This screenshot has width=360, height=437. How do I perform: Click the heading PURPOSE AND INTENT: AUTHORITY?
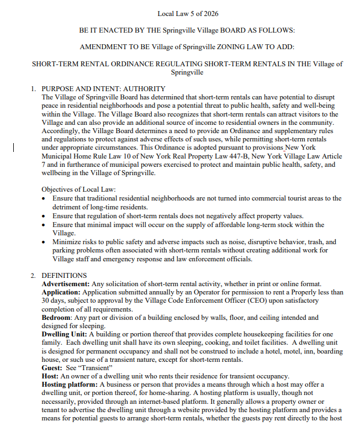pyautogui.click(x=103, y=88)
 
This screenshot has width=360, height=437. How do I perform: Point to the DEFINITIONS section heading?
pyautogui.click(x=64, y=275)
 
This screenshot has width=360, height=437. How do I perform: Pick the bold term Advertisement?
pyautogui.click(x=65, y=283)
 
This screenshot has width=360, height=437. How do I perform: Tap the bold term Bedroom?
pyautogui.click(x=58, y=318)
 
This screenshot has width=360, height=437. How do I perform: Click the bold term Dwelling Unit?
pyautogui.click(x=64, y=334)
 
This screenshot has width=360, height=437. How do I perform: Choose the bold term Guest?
pyautogui.click(x=54, y=367)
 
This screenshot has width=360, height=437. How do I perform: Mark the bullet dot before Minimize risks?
pyautogui.click(x=45, y=243)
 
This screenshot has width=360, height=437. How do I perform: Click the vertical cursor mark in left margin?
pyautogui.click(x=14, y=147)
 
